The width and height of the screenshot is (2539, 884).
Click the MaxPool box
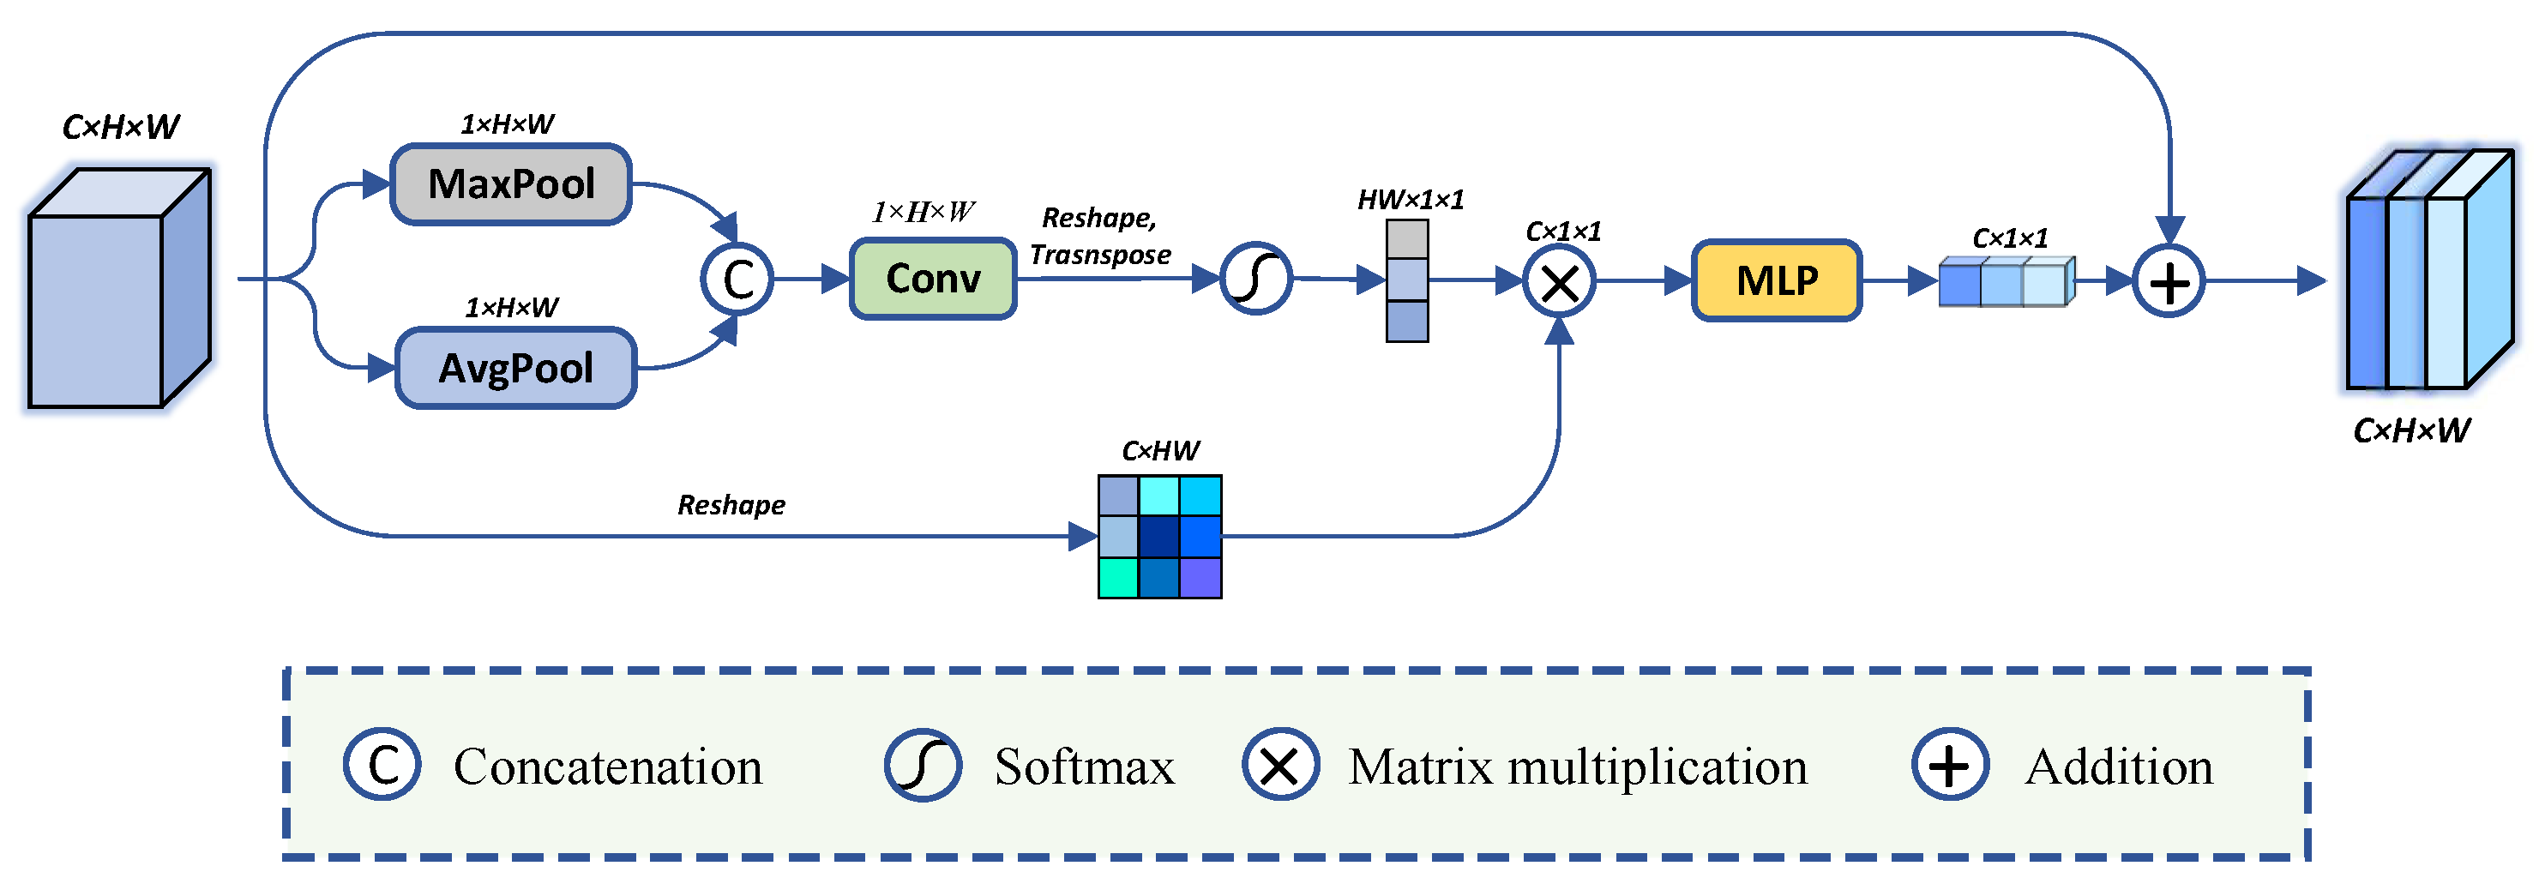coord(510,184)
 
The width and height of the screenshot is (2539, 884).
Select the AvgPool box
coord(515,368)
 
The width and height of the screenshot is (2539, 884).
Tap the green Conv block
coord(932,279)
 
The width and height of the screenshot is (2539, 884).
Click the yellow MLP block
coord(1776,281)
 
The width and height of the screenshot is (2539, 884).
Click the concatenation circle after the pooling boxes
coord(737,279)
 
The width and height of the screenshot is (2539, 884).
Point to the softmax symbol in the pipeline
coord(1255,279)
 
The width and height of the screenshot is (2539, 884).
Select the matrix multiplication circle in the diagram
coord(1558,283)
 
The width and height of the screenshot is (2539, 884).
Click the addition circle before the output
coord(2169,282)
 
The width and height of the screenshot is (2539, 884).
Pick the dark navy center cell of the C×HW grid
coord(1159,537)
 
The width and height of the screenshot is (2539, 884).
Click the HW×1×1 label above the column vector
coord(1411,200)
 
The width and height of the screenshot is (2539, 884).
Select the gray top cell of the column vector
coord(1406,239)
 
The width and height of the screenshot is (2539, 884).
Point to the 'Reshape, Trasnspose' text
coord(1100,236)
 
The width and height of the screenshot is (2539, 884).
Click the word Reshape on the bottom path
coord(731,506)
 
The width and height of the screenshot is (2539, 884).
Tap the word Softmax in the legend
coord(1084,767)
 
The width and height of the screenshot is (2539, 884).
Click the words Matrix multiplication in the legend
coord(1577,767)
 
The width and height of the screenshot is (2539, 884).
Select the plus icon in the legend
coord(1950,765)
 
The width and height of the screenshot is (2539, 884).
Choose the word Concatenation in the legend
coord(608,767)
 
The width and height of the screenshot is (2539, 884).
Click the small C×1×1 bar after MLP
coord(2007,282)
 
